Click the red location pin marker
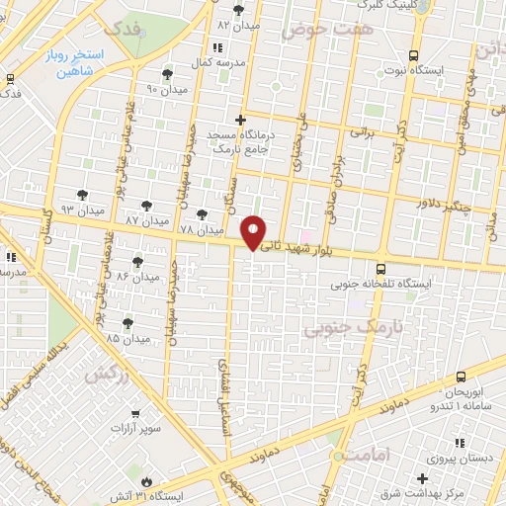pyautogui.click(x=255, y=232)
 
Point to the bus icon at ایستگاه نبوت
pyautogui.click(x=412, y=55)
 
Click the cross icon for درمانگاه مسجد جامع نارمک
pyautogui.click(x=239, y=120)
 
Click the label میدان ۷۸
pyautogui.click(x=202, y=229)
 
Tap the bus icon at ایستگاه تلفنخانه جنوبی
pyautogui.click(x=381, y=268)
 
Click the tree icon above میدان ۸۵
pyautogui.click(x=127, y=323)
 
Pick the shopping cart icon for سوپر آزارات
pyautogui.click(x=135, y=413)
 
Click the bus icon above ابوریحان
pyautogui.click(x=461, y=377)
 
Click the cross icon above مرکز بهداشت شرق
pyautogui.click(x=422, y=477)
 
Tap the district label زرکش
pyautogui.click(x=108, y=375)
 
